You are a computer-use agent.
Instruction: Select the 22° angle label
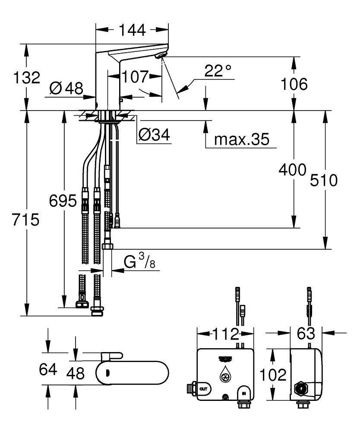click(218, 71)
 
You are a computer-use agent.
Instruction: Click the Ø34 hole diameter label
click(154, 136)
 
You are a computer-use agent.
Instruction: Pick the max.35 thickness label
click(241, 139)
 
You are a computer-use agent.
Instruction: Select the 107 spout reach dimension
click(134, 77)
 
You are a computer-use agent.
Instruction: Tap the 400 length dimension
click(292, 169)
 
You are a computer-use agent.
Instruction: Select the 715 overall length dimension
click(26, 219)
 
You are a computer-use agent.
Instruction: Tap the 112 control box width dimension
click(225, 334)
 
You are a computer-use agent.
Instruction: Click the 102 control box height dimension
click(273, 374)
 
